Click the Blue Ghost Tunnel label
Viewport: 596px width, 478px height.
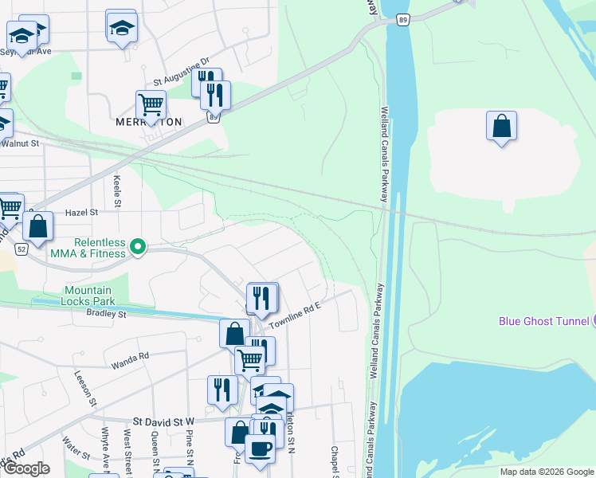(x=543, y=321)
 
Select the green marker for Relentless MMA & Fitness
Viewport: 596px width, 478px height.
(x=138, y=247)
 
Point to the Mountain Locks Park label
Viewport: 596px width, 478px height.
(x=88, y=296)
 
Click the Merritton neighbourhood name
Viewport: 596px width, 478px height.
(x=148, y=122)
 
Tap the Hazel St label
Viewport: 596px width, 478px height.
(x=81, y=213)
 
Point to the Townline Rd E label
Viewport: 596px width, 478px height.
(x=294, y=316)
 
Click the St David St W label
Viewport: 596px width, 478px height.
(x=163, y=421)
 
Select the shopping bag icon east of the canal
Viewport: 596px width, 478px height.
(x=501, y=126)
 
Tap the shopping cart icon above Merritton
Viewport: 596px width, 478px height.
(x=151, y=104)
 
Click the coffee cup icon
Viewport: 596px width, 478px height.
(x=259, y=449)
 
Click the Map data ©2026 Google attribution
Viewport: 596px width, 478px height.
(x=547, y=472)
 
